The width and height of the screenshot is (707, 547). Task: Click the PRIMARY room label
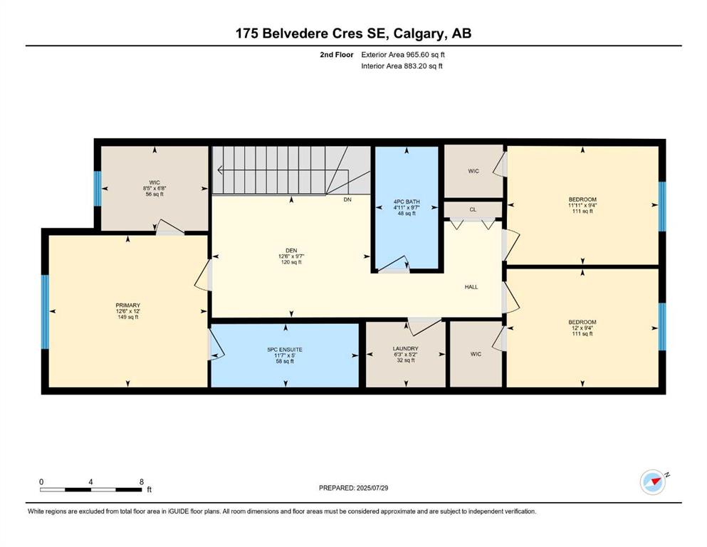(129, 305)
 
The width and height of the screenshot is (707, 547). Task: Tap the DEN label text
(290, 249)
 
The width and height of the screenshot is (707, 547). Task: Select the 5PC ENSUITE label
(285, 349)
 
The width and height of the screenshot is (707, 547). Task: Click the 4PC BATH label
(406, 202)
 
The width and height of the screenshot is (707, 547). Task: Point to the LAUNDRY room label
(405, 348)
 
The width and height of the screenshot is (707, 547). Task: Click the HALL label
(471, 287)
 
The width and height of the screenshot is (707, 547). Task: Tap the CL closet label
(473, 209)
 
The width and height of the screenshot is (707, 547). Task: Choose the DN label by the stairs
(347, 200)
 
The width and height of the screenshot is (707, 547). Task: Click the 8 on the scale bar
(142, 481)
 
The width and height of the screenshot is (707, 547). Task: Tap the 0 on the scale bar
(41, 481)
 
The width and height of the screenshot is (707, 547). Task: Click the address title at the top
(353, 33)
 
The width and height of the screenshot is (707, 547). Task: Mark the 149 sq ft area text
(129, 318)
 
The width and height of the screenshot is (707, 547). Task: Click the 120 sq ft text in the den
(290, 262)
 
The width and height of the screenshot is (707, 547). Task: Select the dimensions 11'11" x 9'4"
(582, 206)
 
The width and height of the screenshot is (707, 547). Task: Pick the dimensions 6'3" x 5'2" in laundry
(405, 355)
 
